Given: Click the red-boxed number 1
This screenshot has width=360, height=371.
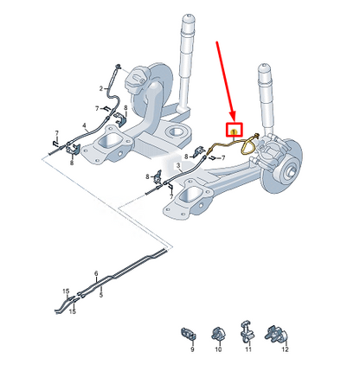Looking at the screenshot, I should pyautogui.click(x=233, y=130).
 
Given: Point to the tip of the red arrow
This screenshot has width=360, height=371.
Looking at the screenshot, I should pyautogui.click(x=231, y=119).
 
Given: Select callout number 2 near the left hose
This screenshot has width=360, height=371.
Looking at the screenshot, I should pyautogui.click(x=103, y=87).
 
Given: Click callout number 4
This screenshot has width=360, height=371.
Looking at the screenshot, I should pyautogui.click(x=84, y=126).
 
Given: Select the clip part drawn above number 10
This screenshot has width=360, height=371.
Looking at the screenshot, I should pyautogui.click(x=217, y=333).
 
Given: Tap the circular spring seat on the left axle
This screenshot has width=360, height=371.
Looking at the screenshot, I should pyautogui.click(x=180, y=131).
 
